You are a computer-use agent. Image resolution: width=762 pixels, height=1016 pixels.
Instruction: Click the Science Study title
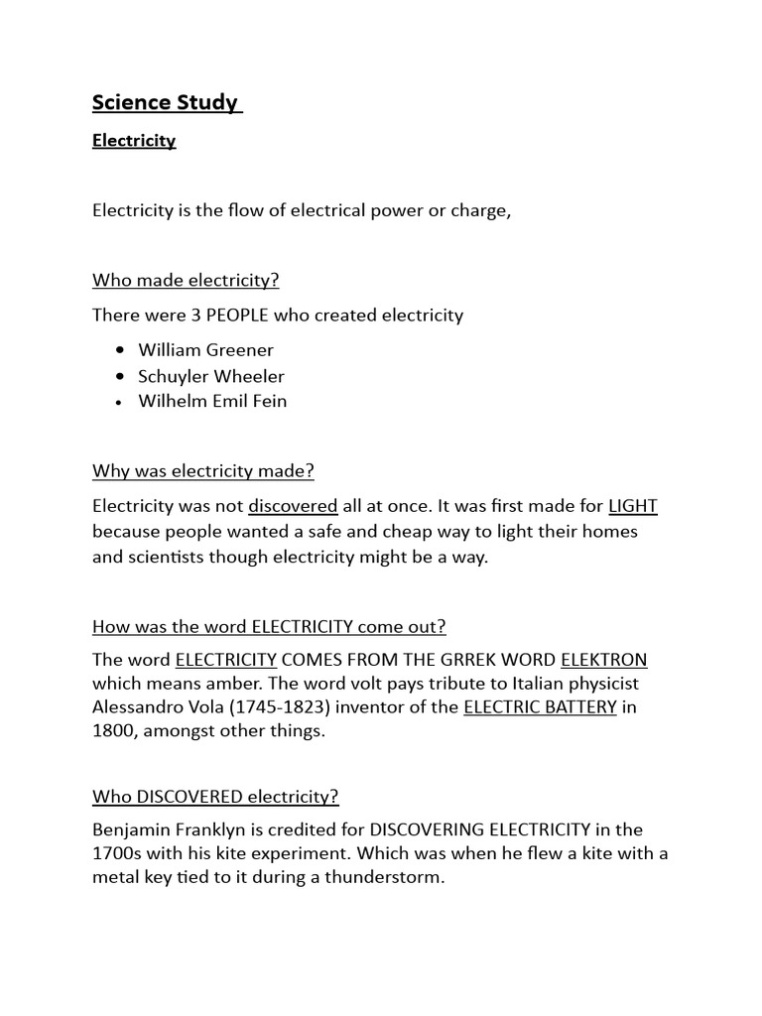coord(166,102)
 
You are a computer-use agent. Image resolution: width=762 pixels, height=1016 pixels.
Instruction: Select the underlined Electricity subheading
coord(134,141)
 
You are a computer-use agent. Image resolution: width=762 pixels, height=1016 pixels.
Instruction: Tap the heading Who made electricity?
coord(187,280)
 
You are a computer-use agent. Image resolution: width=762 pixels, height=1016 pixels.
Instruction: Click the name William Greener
coord(206,349)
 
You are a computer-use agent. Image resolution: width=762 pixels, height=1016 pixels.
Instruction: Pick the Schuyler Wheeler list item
coord(211,376)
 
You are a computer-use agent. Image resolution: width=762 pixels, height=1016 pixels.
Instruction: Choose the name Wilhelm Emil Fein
coord(212,402)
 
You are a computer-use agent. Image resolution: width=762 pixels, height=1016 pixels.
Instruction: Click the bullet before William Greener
coord(120,350)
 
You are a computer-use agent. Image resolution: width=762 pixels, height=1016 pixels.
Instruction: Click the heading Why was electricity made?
coord(202,470)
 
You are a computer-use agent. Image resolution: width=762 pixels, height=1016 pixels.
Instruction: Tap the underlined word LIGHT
coord(633,506)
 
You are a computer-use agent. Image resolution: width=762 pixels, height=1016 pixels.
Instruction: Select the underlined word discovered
coord(293,506)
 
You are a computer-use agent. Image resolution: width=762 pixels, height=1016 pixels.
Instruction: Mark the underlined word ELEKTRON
coord(603,661)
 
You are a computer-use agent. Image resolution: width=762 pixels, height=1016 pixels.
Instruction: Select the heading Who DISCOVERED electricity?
coord(215,797)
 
